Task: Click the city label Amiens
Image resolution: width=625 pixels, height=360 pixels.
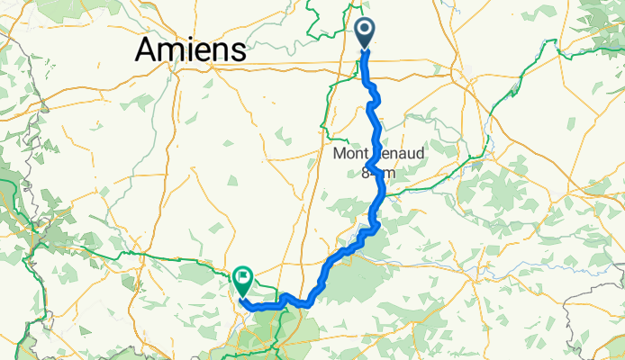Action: pyautogui.click(x=190, y=49)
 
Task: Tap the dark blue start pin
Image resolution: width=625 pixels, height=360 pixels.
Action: pyautogui.click(x=366, y=33)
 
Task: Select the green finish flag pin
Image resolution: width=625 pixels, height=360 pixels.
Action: pyautogui.click(x=243, y=280)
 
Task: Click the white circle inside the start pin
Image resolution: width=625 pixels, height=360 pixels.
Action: pyautogui.click(x=366, y=30)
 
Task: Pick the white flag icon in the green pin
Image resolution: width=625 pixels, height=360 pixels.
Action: pyautogui.click(x=243, y=276)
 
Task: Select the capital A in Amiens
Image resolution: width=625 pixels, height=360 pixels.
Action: pyautogui.click(x=148, y=49)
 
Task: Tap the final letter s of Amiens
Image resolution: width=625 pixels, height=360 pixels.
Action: pyautogui.click(x=238, y=51)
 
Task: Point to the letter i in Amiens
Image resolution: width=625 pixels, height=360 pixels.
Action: pyautogui.click(x=190, y=49)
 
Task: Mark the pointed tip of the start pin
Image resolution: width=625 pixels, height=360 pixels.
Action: pyautogui.click(x=366, y=49)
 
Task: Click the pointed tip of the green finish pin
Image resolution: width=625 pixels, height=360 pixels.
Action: pyautogui.click(x=243, y=295)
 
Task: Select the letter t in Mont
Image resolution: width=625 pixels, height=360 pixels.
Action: pyautogui.click(x=365, y=155)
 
